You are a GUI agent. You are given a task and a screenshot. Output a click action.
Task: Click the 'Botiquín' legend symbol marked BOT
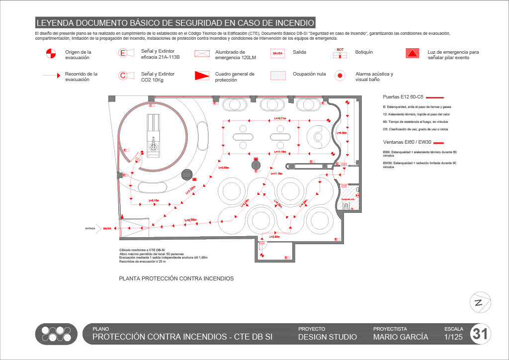pos(340,53)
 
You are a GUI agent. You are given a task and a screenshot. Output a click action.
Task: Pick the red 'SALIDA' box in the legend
pos(278,53)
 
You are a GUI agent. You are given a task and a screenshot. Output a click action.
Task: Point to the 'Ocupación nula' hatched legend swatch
pos(278,75)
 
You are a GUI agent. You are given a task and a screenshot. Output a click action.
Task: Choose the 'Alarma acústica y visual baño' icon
pos(340,76)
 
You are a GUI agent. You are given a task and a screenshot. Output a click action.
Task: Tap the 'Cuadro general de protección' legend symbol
pos(201,76)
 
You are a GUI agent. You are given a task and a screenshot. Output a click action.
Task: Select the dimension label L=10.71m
pos(280,119)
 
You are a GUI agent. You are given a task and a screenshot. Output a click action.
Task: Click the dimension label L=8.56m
pos(190,220)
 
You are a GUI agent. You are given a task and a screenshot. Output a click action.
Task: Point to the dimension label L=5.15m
pos(154,200)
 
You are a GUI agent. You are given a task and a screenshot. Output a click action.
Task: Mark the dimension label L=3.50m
pos(224,168)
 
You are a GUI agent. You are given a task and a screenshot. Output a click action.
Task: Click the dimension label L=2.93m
pos(274,237)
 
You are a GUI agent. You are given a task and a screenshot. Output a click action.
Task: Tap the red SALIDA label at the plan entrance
pos(107,229)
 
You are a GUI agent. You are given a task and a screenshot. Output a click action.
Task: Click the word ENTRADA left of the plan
pos(90,229)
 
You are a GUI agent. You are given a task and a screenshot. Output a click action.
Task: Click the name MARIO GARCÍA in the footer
pos(400,337)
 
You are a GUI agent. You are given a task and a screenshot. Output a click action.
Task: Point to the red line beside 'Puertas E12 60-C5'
pos(435,97)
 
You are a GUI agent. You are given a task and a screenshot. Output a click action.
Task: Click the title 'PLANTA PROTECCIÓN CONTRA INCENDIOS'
pos(176,279)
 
